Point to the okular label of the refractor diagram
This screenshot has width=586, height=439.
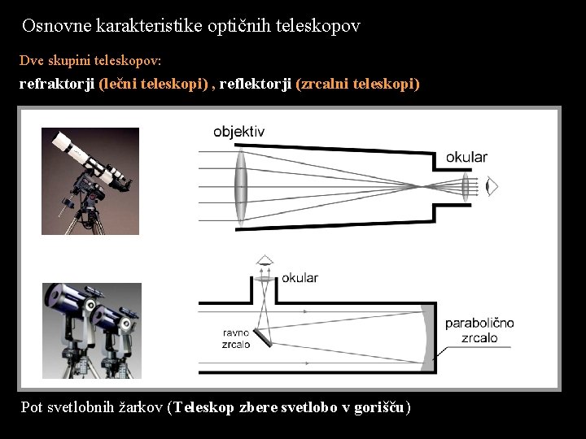click(x=466, y=158)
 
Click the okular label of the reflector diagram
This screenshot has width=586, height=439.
click(x=300, y=278)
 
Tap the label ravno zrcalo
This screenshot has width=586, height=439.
click(x=236, y=338)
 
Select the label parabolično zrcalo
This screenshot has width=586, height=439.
click(x=479, y=330)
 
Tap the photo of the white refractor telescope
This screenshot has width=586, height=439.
click(x=90, y=181)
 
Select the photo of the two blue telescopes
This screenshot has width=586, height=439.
click(x=92, y=331)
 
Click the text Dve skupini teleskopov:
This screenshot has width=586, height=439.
click(x=90, y=61)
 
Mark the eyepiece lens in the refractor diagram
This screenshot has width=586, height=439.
click(x=466, y=186)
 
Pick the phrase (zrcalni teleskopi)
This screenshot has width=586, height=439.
click(x=358, y=84)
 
